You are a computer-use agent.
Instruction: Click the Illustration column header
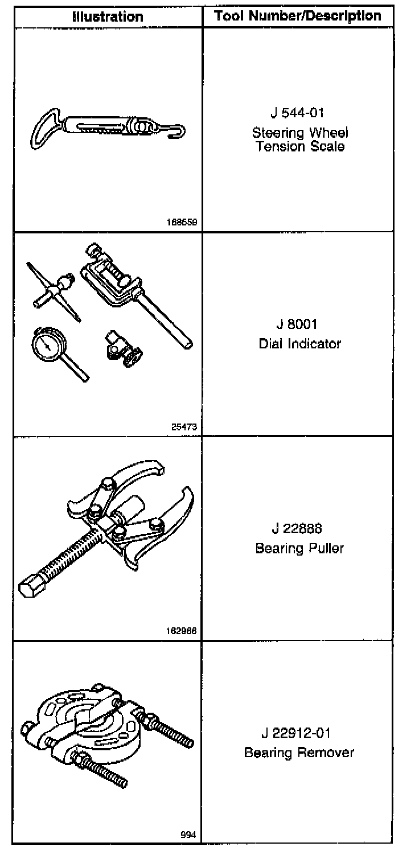click(x=108, y=17)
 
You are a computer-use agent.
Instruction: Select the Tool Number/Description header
click(x=298, y=16)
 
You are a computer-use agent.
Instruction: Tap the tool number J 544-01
click(x=298, y=113)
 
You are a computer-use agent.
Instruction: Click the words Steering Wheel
click(x=300, y=133)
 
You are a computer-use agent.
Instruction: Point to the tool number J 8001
click(x=297, y=324)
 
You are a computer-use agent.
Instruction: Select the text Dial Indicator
click(x=299, y=344)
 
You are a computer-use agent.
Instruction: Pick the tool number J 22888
click(x=297, y=528)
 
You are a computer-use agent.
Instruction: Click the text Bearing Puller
click(x=299, y=548)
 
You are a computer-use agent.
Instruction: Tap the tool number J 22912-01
click(x=296, y=733)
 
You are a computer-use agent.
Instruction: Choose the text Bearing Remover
click(x=299, y=753)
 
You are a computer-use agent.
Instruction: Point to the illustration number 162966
click(x=182, y=631)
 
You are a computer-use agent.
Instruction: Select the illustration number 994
click(x=188, y=835)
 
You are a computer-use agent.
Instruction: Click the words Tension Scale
click(x=300, y=147)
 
